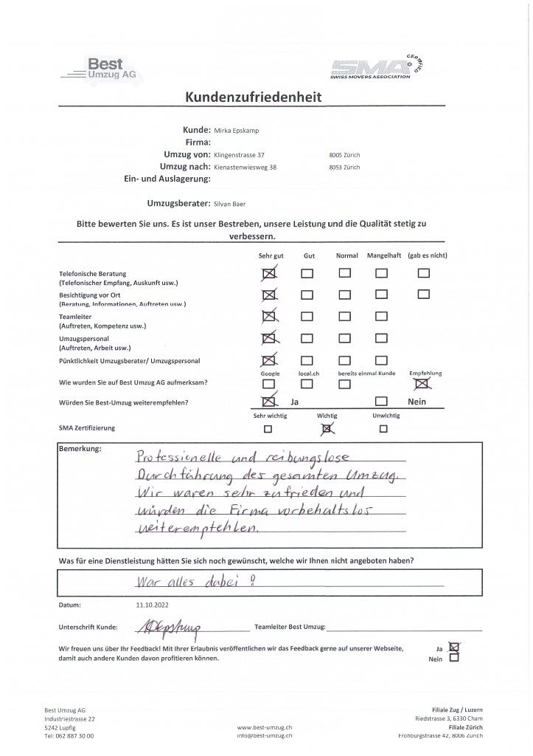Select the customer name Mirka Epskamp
point(237,130)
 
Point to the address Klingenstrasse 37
point(239,155)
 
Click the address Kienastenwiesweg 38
point(245,168)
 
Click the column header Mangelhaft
point(383,255)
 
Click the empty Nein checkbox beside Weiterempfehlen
point(380,402)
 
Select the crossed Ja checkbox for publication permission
point(453,647)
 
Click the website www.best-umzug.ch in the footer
point(265,727)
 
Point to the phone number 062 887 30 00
point(74,736)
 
